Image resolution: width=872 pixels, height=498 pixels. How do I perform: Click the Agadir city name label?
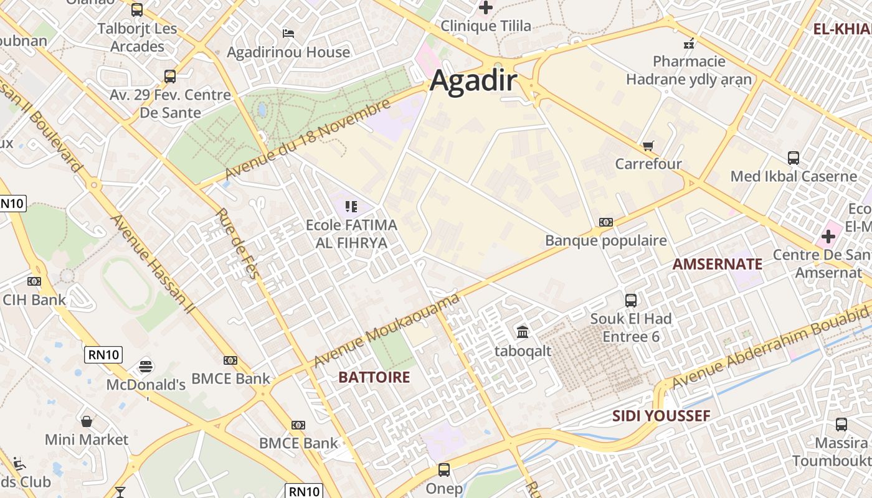473,81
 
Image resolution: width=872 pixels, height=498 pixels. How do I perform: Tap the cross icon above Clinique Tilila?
486,8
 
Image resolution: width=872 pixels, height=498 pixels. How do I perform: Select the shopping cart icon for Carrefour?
648,146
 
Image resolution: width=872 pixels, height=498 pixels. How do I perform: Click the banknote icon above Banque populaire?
605,222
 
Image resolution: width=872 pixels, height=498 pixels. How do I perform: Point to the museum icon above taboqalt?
523,332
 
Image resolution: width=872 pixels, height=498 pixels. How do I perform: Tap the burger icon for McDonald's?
146,366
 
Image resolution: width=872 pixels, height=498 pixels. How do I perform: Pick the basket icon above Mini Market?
87,421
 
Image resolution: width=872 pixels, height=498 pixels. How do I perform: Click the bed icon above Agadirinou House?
288,33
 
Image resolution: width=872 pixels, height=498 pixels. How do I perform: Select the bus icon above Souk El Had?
631,301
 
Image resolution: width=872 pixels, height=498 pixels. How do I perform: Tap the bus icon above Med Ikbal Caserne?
793,158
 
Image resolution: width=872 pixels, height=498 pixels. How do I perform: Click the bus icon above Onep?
443,470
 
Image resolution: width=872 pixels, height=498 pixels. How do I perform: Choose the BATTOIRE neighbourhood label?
374,377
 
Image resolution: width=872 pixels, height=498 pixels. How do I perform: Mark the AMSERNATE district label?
717,264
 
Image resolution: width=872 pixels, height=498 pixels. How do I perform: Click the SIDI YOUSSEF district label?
661,416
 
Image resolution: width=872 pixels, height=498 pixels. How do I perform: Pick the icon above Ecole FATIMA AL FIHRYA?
351,206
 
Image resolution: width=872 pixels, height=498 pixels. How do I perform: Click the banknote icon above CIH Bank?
34,281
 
